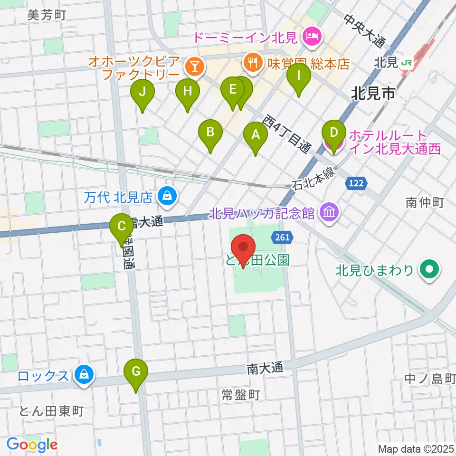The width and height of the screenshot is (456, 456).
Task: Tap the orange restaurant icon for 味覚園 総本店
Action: coord(252,61)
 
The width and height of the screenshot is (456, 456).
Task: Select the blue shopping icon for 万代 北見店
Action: coord(167,195)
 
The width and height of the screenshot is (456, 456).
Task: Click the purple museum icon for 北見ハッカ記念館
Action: coord(329,212)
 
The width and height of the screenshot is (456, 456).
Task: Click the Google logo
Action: coord(32,445)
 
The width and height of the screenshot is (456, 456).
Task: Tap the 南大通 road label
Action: coord(265,368)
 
